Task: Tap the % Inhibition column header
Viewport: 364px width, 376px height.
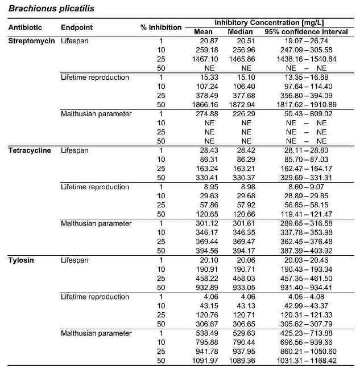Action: [x=161, y=27]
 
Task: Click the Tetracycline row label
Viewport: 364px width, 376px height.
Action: [x=30, y=150]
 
